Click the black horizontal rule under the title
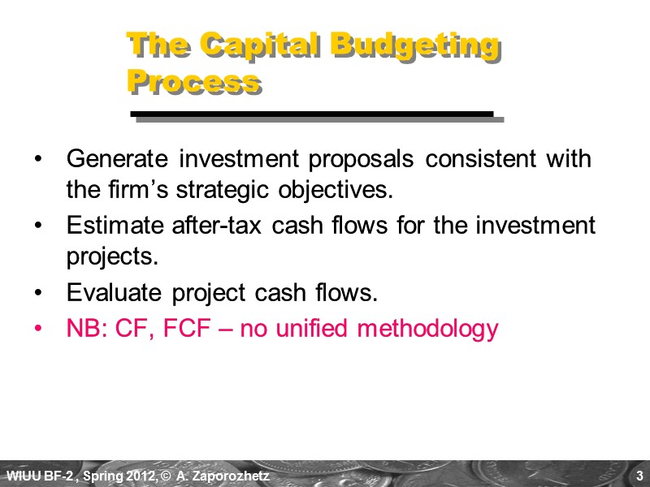point(313,114)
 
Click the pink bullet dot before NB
point(42,329)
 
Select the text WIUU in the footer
point(20,475)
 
